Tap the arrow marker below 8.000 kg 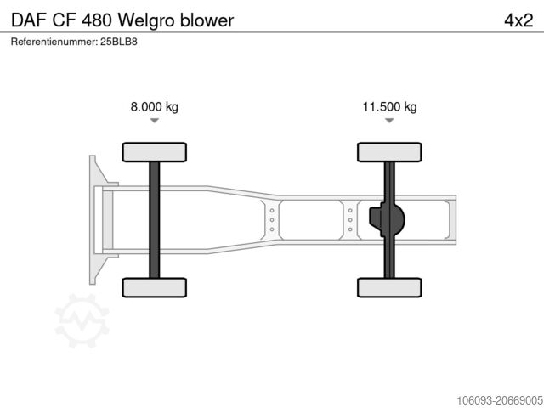click(154, 121)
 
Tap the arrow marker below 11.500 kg click(389, 121)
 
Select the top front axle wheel click(154, 152)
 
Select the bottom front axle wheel click(154, 287)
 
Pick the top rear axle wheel click(389, 152)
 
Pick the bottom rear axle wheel click(389, 287)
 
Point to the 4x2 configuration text click(518, 20)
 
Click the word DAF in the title click(28, 20)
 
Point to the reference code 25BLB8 click(118, 41)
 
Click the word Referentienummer click(53, 41)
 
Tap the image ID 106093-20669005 click(488, 398)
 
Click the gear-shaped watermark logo click(82, 320)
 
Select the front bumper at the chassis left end click(97, 219)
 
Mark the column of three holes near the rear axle click(350, 220)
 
